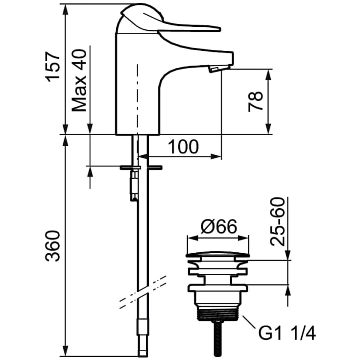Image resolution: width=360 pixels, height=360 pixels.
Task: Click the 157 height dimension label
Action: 53,67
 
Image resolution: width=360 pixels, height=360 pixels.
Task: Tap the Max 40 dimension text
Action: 79,81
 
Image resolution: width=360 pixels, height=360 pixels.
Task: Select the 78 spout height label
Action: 255,102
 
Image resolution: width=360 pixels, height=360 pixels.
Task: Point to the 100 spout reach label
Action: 183,147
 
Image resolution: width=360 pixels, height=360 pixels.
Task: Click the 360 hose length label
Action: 52,246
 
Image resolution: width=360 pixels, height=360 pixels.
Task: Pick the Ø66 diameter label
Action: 218,227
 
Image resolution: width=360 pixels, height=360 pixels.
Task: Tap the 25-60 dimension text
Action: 277,222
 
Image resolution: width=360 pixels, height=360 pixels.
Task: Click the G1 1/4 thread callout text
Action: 287,334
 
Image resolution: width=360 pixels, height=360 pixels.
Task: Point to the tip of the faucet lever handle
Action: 219,29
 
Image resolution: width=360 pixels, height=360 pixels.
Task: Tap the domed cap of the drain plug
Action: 217,254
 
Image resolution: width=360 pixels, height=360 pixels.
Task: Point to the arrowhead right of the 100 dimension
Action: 216,157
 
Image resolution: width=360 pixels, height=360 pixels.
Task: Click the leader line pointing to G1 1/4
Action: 249,323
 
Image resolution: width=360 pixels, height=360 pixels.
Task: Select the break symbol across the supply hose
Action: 143,292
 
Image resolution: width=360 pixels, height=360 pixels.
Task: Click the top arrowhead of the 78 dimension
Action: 268,74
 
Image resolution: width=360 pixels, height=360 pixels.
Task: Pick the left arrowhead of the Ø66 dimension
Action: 192,238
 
